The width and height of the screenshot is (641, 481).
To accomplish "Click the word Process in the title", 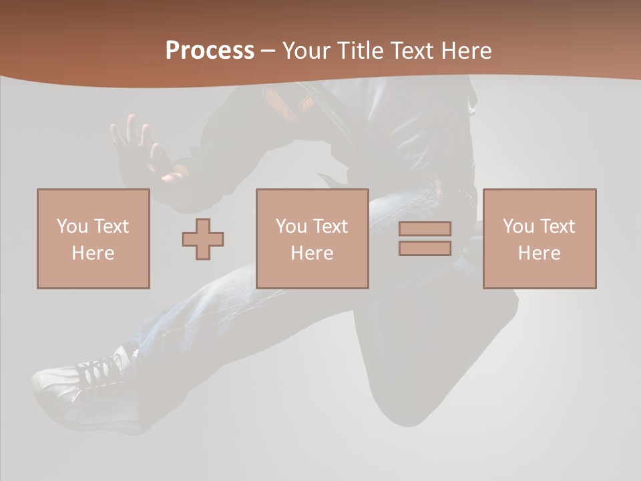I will pyautogui.click(x=210, y=51).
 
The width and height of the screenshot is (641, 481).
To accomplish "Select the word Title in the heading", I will pyautogui.click(x=362, y=51).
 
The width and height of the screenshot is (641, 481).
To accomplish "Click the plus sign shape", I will pyautogui.click(x=203, y=239).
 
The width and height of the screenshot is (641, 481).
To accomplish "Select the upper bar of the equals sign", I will pyautogui.click(x=425, y=228).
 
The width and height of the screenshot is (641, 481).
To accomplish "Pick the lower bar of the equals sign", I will pyautogui.click(x=425, y=249).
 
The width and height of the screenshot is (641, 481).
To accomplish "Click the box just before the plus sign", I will pyautogui.click(x=93, y=239).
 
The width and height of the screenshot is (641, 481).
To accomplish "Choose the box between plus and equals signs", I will pyautogui.click(x=312, y=239).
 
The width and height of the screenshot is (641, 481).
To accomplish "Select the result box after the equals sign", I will pyautogui.click(x=539, y=239).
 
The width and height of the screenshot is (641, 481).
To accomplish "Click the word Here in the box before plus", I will pyautogui.click(x=93, y=253).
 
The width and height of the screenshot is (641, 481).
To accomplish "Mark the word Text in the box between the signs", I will pyautogui.click(x=331, y=226).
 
